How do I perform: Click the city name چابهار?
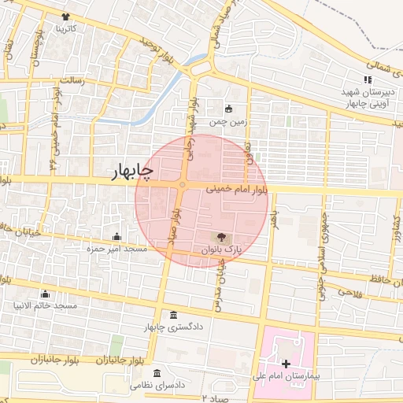(x=126, y=170)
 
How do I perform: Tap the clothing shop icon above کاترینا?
(x=65, y=17)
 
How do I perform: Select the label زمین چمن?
(x=228, y=122)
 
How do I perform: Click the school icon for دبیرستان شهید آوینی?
(x=367, y=79)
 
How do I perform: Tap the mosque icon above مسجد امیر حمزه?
(x=117, y=236)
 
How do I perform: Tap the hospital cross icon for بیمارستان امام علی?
(x=286, y=364)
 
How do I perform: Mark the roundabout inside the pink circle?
(x=183, y=186)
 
